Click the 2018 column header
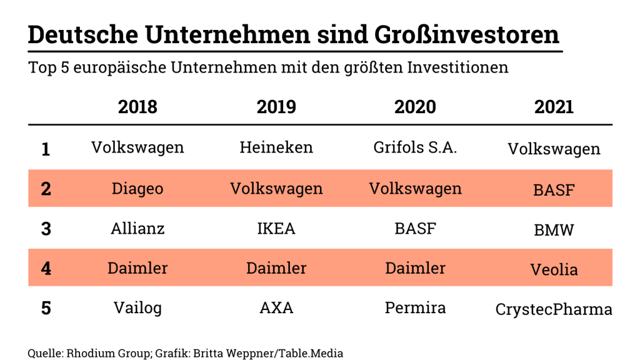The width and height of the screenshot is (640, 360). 137,107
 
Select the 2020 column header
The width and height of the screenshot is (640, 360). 415,107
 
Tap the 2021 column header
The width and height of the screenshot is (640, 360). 554,107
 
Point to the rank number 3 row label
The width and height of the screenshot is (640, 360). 46,229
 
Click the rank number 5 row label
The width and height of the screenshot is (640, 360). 46,309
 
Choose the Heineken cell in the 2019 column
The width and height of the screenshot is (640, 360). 276,147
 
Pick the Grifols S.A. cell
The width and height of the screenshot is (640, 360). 415,147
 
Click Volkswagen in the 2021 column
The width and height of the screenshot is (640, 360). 554,149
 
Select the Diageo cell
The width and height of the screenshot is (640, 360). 137,188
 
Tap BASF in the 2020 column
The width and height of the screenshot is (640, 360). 415,228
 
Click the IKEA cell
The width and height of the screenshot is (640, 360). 276,228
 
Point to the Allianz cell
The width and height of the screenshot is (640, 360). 137,228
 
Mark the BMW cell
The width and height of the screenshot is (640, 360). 554,230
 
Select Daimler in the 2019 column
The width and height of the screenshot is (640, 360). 276,268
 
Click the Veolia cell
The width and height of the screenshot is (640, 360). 554,270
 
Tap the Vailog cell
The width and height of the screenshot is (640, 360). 137,308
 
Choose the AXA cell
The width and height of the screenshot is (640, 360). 276,308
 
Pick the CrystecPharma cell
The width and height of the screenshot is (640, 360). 554,309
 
